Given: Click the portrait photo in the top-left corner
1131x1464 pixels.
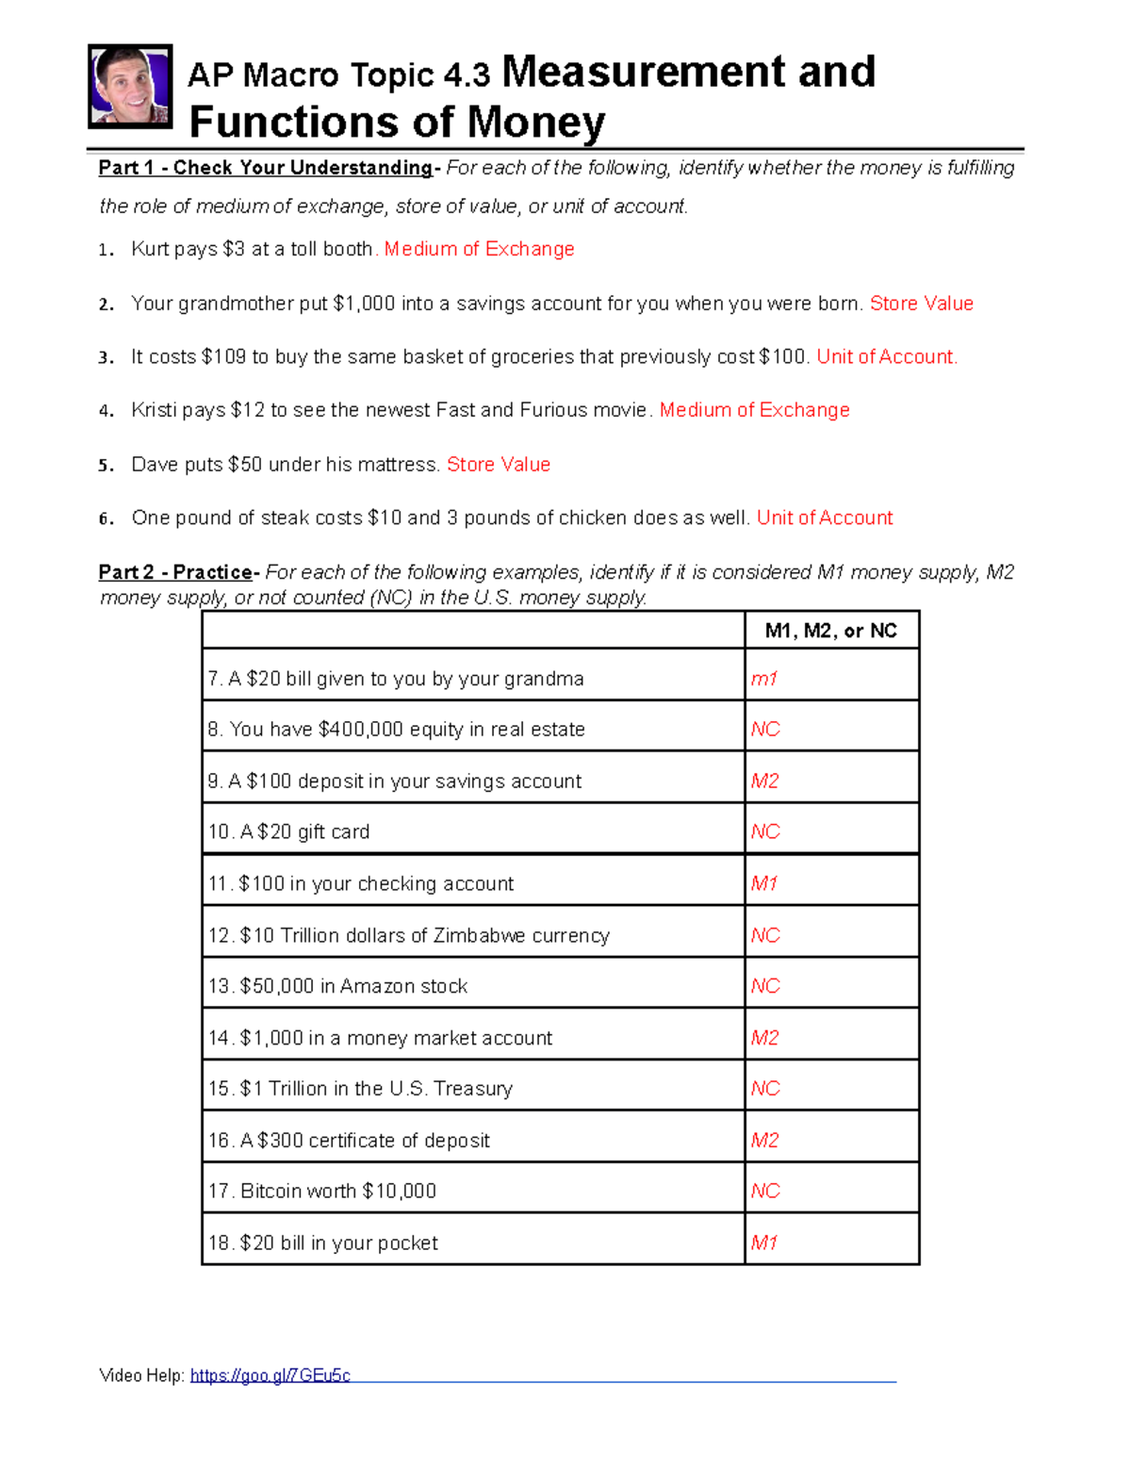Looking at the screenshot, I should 130,86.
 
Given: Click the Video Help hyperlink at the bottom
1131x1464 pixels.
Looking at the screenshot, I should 270,1375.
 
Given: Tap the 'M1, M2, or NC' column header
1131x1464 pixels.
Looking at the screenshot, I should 830,631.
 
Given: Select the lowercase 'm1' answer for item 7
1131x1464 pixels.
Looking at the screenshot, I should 763,679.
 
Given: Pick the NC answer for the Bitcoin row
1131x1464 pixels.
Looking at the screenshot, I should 765,1191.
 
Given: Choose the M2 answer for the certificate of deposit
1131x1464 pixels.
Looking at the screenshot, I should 764,1140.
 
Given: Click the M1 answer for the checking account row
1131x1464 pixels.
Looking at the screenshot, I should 763,883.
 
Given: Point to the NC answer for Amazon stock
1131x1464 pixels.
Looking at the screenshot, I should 765,985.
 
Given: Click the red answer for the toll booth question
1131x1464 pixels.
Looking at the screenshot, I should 479,249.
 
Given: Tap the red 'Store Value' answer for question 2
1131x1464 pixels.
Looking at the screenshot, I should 921,304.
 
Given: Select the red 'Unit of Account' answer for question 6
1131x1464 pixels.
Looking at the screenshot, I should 825,518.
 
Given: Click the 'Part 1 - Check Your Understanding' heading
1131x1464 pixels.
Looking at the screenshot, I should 265,168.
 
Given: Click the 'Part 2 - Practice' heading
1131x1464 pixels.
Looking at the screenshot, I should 175,572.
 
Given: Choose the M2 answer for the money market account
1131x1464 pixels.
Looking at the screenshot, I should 764,1037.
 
